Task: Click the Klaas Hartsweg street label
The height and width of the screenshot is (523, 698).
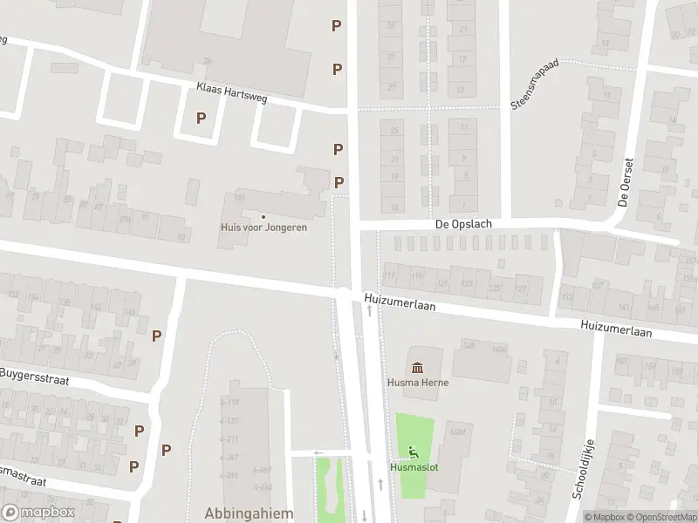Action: pyautogui.click(x=232, y=93)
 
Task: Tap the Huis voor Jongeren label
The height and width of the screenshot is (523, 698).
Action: pyautogui.click(x=263, y=228)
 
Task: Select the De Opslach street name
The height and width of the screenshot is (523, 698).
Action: pyautogui.click(x=463, y=224)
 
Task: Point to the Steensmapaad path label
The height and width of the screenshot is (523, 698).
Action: pyautogui.click(x=529, y=88)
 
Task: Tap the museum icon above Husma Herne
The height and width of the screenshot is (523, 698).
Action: pyautogui.click(x=416, y=366)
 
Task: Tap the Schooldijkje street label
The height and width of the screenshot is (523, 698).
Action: pyautogui.click(x=583, y=469)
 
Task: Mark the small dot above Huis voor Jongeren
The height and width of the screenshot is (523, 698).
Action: pyautogui.click(x=263, y=216)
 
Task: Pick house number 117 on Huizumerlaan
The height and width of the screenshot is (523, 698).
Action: pyautogui.click(x=390, y=276)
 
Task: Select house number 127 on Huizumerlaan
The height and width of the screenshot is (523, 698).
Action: pyautogui.click(x=521, y=289)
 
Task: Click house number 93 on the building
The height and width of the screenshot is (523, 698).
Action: pyautogui.click(x=181, y=237)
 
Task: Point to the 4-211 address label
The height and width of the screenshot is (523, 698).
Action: pyautogui.click(x=229, y=438)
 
